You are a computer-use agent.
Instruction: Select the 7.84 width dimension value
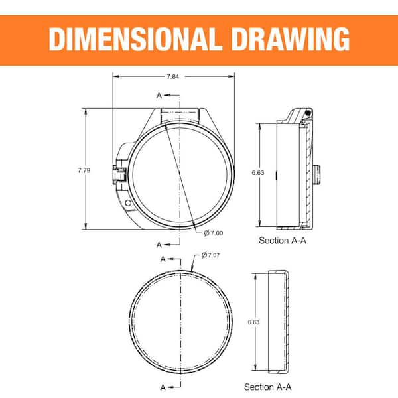click(x=172, y=77)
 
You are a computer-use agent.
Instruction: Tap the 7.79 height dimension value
click(x=84, y=170)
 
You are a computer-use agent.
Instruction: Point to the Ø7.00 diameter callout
click(x=214, y=233)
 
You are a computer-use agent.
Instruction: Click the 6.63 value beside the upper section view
click(x=257, y=172)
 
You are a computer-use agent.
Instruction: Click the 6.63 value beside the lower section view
click(x=253, y=322)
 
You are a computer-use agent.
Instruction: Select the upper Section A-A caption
click(x=282, y=241)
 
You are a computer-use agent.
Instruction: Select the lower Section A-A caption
click(x=267, y=386)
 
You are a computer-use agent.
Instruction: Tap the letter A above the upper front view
click(x=159, y=96)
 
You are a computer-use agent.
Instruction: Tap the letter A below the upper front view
click(x=159, y=245)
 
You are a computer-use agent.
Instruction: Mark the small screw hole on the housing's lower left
click(x=127, y=200)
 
